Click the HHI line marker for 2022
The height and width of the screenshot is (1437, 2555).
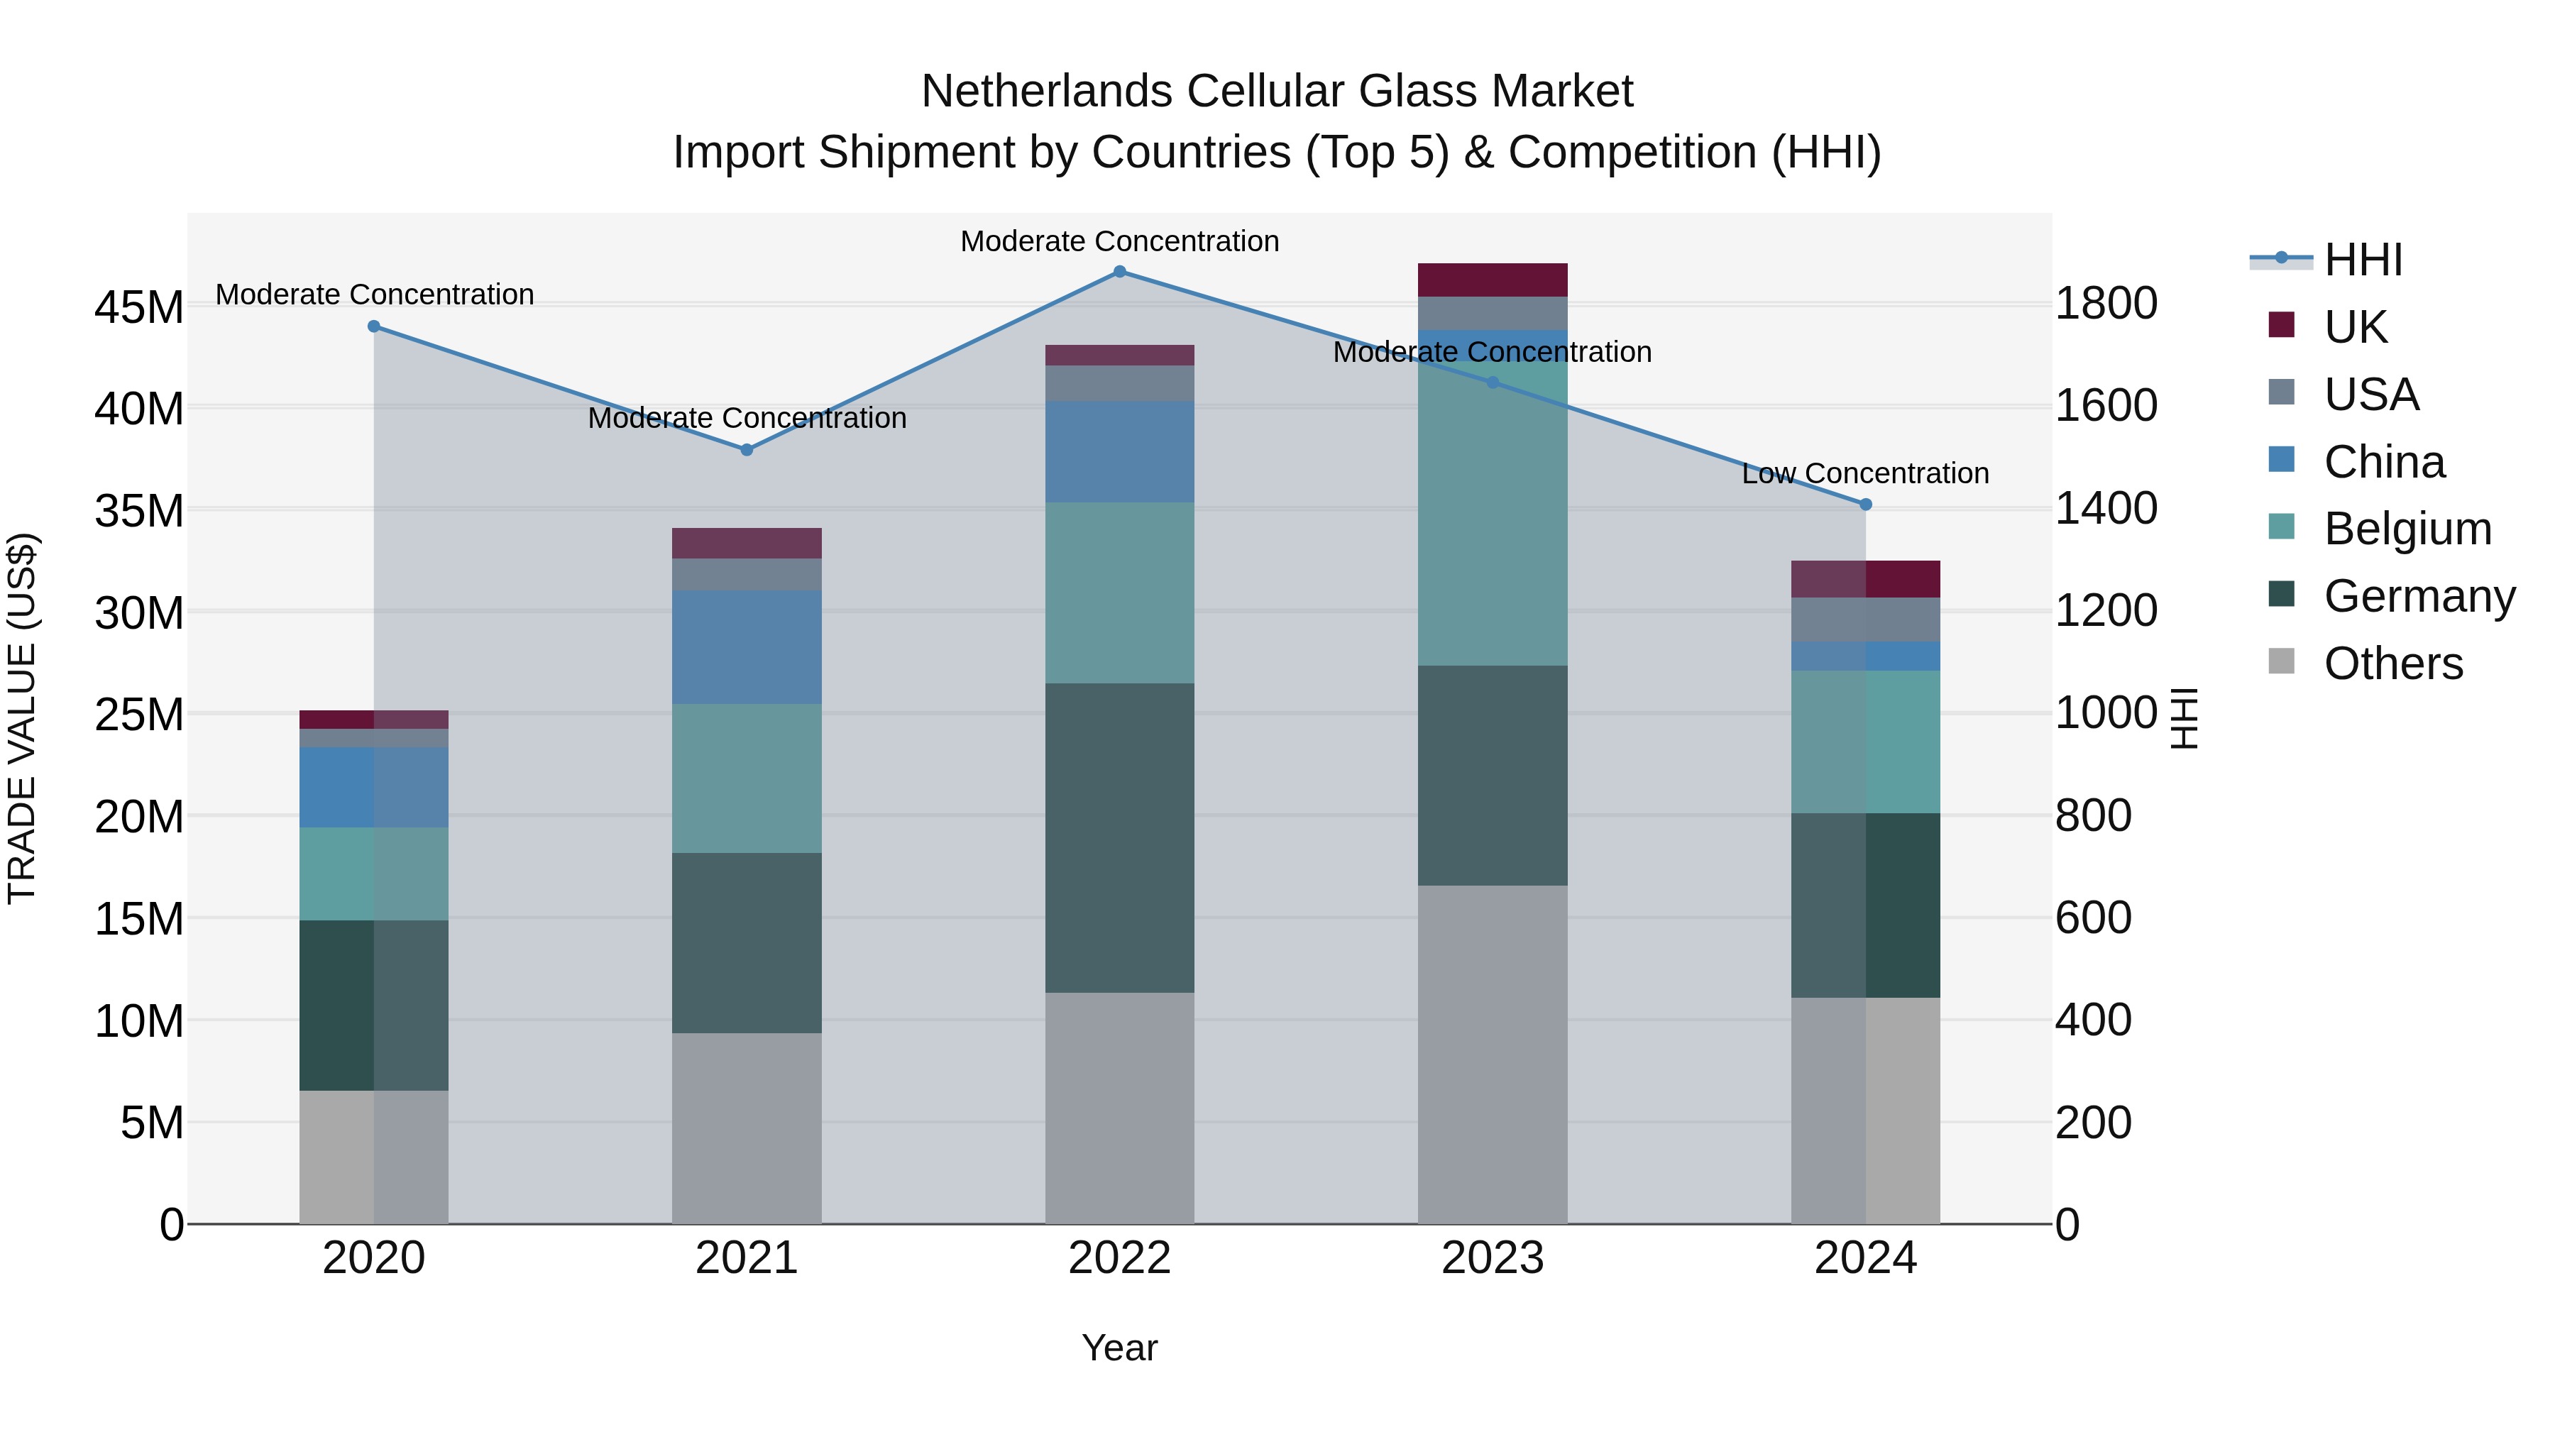[x=1120, y=272]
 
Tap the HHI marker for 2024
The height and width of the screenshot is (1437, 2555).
[x=1866, y=505]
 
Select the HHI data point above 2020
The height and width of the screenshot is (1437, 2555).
[x=374, y=326]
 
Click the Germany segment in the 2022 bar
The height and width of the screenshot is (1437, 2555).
[x=1120, y=838]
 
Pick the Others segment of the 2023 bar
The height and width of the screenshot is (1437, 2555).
[x=1493, y=1055]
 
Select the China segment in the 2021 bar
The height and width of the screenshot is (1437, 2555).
[x=747, y=648]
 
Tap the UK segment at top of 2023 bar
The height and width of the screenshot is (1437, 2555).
[x=1493, y=280]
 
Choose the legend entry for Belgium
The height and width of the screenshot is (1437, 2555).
[x=2407, y=529]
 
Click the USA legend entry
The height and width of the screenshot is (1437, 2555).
[x=2370, y=395]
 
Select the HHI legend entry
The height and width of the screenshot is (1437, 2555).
[x=2363, y=260]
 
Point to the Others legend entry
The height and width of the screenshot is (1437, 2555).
[x=2392, y=664]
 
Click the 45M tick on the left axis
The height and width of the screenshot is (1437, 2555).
[x=139, y=307]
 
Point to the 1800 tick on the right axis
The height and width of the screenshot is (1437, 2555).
[x=2105, y=304]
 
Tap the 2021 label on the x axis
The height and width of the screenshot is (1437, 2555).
[x=747, y=1258]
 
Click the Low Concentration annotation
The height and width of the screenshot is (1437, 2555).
[x=1866, y=474]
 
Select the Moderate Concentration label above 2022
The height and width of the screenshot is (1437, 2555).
[x=1120, y=241]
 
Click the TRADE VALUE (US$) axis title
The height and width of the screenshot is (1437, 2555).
[x=22, y=718]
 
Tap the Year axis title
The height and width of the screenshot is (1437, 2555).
[x=1120, y=1348]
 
